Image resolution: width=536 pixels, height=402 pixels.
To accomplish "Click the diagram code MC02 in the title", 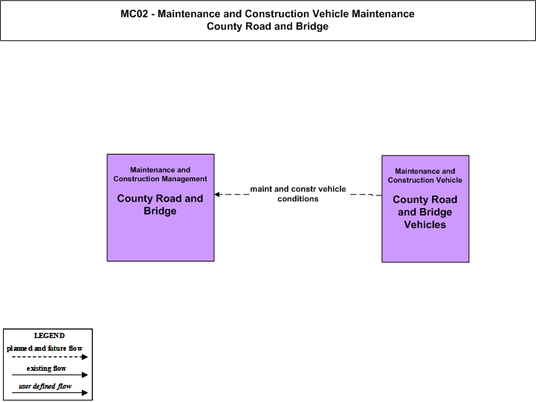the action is tap(135, 13).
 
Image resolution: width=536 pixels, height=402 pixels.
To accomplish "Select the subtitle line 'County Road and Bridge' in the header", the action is tap(268, 26).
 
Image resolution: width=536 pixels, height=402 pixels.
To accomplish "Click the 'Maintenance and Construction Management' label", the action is tap(161, 174).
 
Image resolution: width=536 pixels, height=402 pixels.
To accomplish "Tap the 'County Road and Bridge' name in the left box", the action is tap(160, 204).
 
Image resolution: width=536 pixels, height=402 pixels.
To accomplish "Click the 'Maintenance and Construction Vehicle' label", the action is tap(425, 175).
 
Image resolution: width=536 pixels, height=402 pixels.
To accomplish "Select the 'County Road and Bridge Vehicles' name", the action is tap(425, 212).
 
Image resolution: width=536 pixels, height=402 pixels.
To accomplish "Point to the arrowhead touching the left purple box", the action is tap(217, 195).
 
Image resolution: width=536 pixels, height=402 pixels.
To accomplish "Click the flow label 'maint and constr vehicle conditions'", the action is tap(298, 194).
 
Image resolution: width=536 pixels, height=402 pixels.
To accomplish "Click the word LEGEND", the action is tap(49, 336).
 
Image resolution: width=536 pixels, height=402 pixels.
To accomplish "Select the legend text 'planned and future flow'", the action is tap(45, 348).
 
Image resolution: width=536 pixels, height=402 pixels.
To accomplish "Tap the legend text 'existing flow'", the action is tap(46, 368).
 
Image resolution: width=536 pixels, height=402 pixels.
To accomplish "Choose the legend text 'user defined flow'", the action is tap(45, 386).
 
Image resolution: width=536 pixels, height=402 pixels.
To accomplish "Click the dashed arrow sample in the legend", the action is tap(50, 357).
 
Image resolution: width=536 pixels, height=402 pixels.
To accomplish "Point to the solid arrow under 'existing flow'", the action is tap(50, 375).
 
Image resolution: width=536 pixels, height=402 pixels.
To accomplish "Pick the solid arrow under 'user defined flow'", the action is tap(50, 393).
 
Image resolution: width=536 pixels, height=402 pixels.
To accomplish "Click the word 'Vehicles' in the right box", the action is tap(425, 224).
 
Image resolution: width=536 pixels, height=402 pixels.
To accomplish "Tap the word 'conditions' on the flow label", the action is tap(298, 199).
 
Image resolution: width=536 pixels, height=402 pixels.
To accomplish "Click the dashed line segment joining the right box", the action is tap(365, 195).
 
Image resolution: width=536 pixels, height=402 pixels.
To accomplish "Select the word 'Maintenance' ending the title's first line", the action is tap(383, 13).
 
